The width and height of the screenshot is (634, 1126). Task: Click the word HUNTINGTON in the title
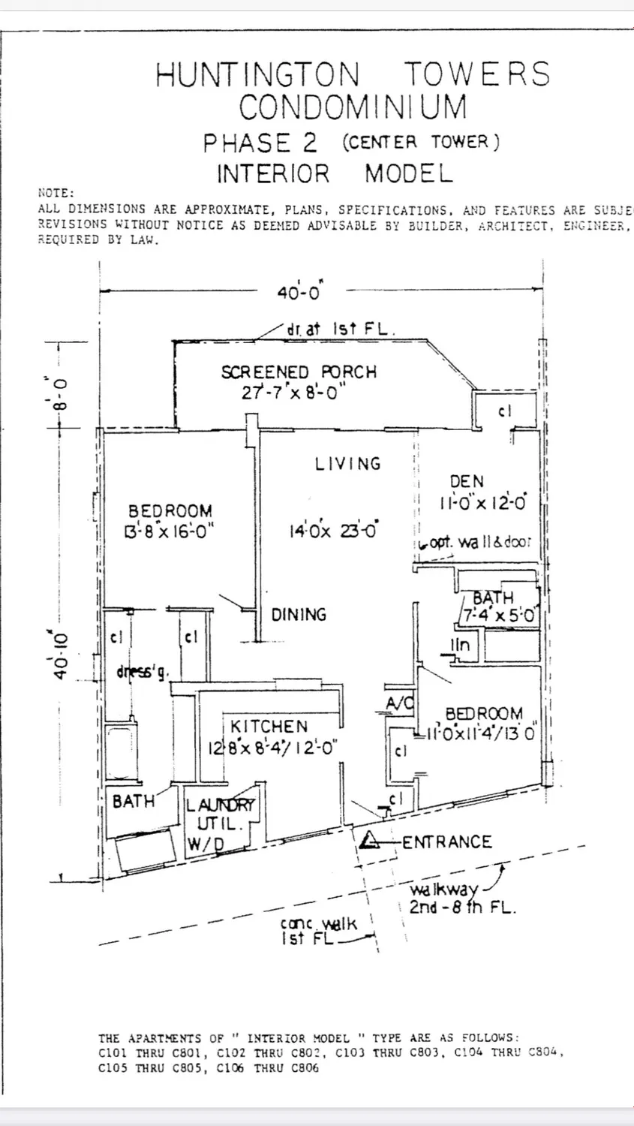point(257,74)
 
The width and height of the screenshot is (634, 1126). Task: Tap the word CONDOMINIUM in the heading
point(353,107)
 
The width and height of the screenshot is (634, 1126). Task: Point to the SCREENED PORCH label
point(299,372)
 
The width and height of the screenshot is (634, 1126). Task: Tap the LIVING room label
point(348,463)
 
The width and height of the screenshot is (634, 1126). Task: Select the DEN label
point(467,481)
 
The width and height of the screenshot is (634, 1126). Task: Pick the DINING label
point(299,614)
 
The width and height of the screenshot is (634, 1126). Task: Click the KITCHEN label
point(269,726)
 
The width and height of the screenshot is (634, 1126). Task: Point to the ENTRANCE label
point(447,841)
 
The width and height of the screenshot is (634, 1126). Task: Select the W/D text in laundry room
point(205,844)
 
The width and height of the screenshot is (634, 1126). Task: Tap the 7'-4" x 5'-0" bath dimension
point(498,616)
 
